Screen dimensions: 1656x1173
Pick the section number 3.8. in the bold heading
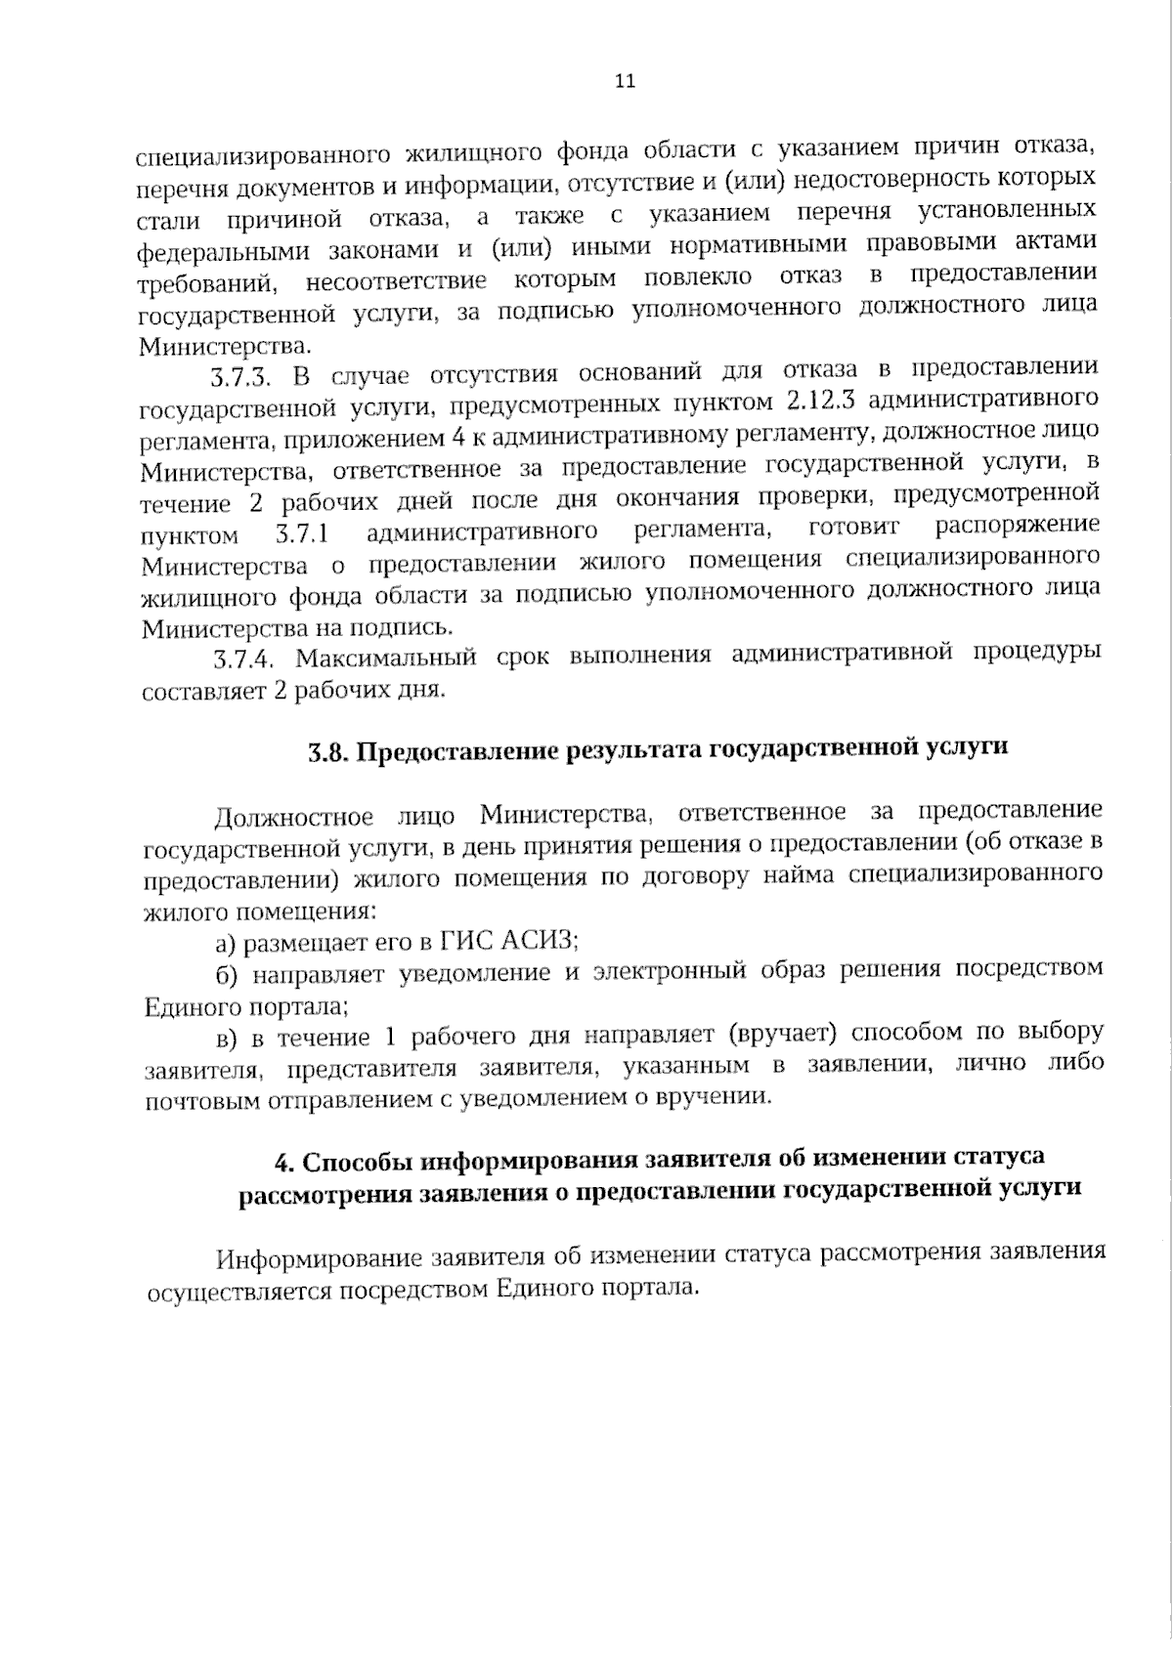(x=329, y=752)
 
